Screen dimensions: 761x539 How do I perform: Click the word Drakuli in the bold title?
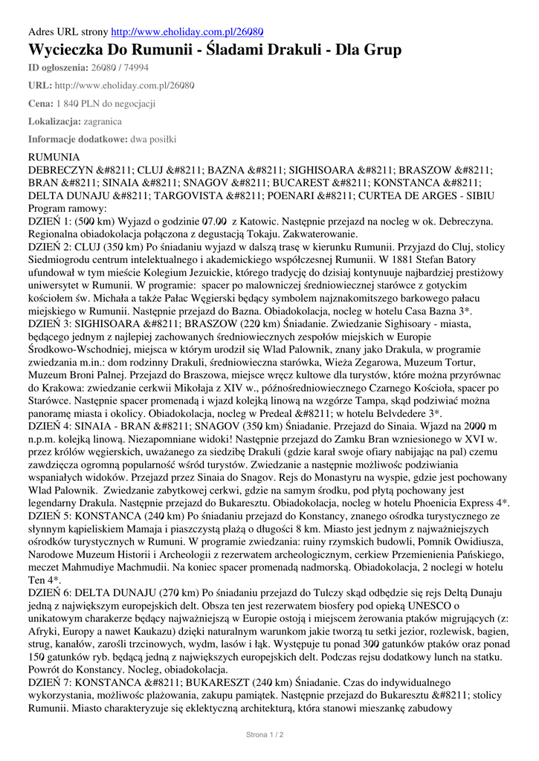point(288,51)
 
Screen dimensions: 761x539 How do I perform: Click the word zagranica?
point(103,120)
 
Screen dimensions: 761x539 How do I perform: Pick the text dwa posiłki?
point(153,138)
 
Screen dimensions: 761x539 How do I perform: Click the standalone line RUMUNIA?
point(54,158)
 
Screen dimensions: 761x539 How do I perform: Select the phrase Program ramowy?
point(68,209)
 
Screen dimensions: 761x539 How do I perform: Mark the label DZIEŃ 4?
point(51,427)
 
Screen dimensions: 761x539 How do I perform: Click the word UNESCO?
point(433,606)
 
